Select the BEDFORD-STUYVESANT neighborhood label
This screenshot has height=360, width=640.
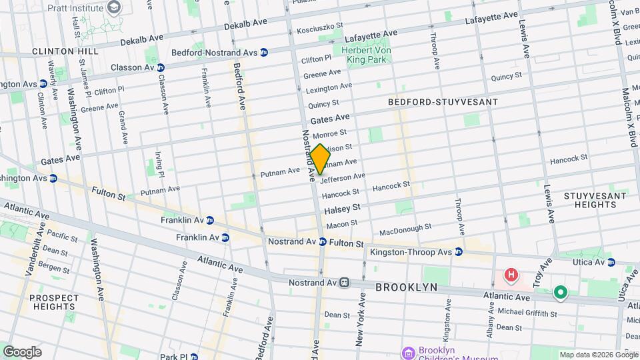(x=443, y=102)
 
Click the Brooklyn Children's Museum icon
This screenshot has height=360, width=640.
(x=407, y=351)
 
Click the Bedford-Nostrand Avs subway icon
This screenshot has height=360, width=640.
(x=264, y=52)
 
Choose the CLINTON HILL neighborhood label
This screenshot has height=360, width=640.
(x=65, y=51)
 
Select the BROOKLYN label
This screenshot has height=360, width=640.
(x=406, y=287)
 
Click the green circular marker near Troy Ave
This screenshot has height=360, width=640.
(x=561, y=293)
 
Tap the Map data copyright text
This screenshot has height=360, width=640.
(x=598, y=355)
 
